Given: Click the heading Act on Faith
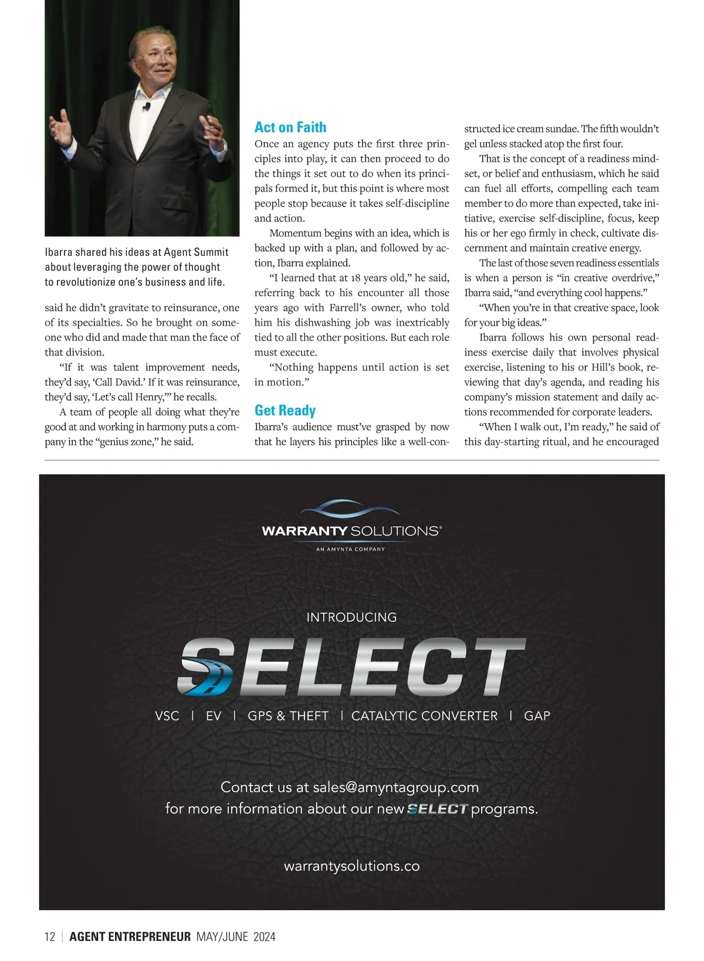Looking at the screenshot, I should (290, 127).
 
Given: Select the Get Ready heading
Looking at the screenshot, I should (285, 411).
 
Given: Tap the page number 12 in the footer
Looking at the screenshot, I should (50, 936).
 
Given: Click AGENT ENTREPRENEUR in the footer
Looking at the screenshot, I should (130, 936).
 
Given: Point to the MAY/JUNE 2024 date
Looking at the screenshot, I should (236, 936).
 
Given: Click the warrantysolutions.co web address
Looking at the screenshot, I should (351, 866).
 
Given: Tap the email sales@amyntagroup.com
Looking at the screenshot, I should (396, 787).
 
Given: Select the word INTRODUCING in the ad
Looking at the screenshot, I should (351, 617).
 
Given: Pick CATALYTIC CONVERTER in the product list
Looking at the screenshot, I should (424, 716).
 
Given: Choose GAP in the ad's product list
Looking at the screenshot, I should (537, 716).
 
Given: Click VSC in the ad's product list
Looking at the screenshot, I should (167, 716).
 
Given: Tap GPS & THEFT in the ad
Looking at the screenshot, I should (288, 716).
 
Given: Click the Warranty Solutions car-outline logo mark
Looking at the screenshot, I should (351, 509).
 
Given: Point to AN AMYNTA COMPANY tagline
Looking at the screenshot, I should (351, 549).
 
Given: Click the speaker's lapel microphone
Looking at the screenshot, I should (147, 107).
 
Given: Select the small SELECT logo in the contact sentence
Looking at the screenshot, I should (438, 809).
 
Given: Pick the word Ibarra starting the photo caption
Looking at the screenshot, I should (59, 252).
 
